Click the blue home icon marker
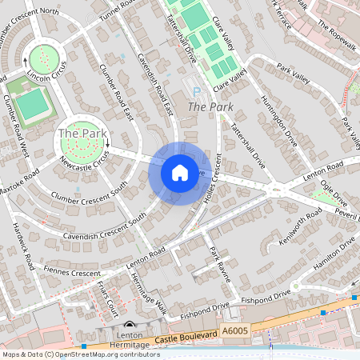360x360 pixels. [x=180, y=173]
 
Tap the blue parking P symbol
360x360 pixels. [x=198, y=91]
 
